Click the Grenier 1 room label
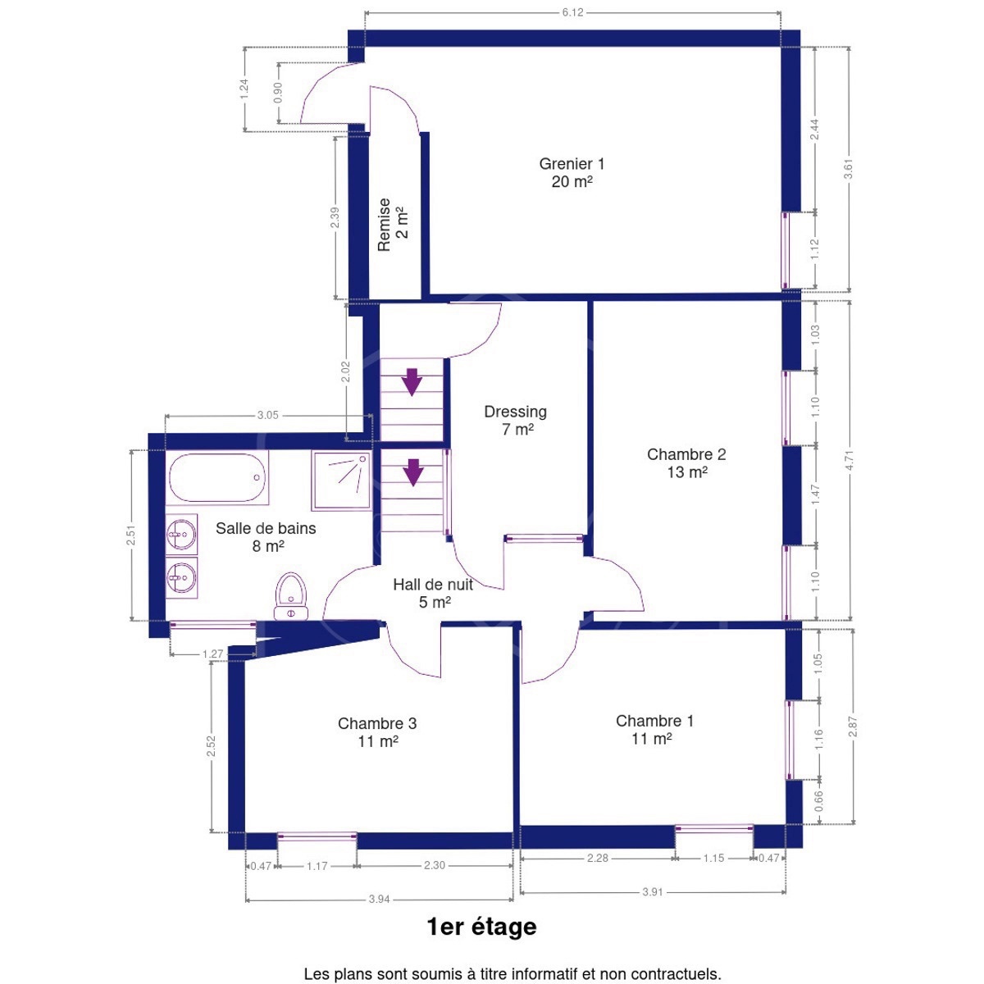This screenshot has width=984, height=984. pos(572,172)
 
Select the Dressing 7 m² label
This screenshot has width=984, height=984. pos(515,421)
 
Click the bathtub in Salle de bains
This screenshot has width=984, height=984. pos(217,478)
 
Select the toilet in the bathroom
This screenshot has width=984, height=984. pos(291,596)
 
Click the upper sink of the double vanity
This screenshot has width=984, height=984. pos(182,535)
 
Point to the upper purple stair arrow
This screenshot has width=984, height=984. pos(411,382)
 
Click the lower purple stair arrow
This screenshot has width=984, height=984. pos(413,472)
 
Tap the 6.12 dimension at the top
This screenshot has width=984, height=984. pos(572,12)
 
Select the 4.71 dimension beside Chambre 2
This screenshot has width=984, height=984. pos(850,460)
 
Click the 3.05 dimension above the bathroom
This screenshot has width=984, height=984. pos(267,415)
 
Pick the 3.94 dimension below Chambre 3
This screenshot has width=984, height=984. pos(379,899)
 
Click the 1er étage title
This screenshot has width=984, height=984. pos(481,927)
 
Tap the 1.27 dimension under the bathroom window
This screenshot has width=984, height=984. pos(212,654)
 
